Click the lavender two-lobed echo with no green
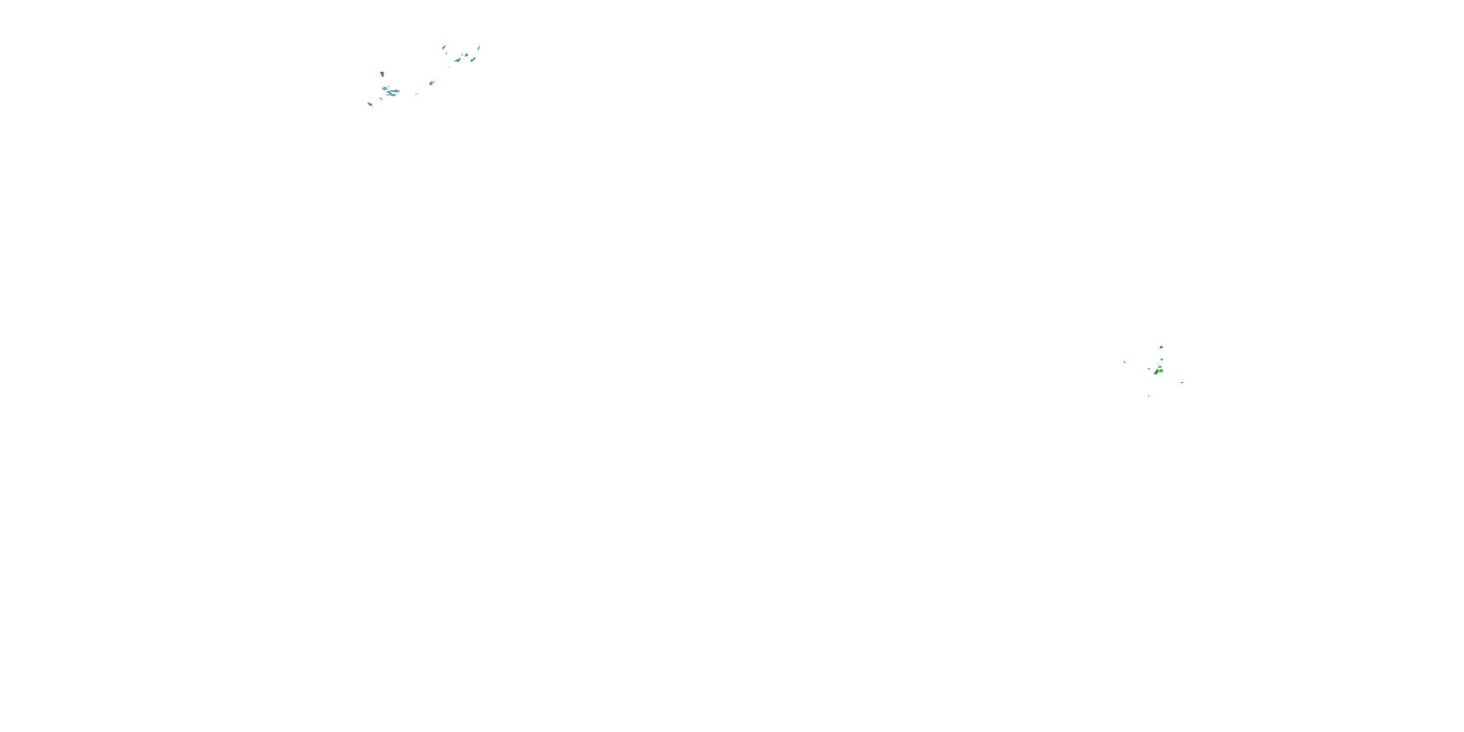coord(383,75)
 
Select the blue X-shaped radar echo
coord(467,56)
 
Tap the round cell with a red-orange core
coord(1161,371)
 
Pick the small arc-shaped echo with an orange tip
coord(1160,367)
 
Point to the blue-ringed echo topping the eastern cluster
coord(1161,347)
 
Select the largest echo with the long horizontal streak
coord(393,92)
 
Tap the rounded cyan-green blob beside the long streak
coord(385,89)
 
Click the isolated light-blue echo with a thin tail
coord(432,83)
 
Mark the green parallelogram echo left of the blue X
coord(458,60)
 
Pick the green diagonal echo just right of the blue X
coord(473,60)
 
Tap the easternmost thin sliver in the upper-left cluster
coord(479,48)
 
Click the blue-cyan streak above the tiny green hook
coord(444,48)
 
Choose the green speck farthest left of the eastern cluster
coord(1125,363)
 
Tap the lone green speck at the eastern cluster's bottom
coord(1149,396)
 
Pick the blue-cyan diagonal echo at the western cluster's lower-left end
coord(370,104)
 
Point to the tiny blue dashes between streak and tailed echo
coord(417,94)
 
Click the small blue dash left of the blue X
coord(463,55)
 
